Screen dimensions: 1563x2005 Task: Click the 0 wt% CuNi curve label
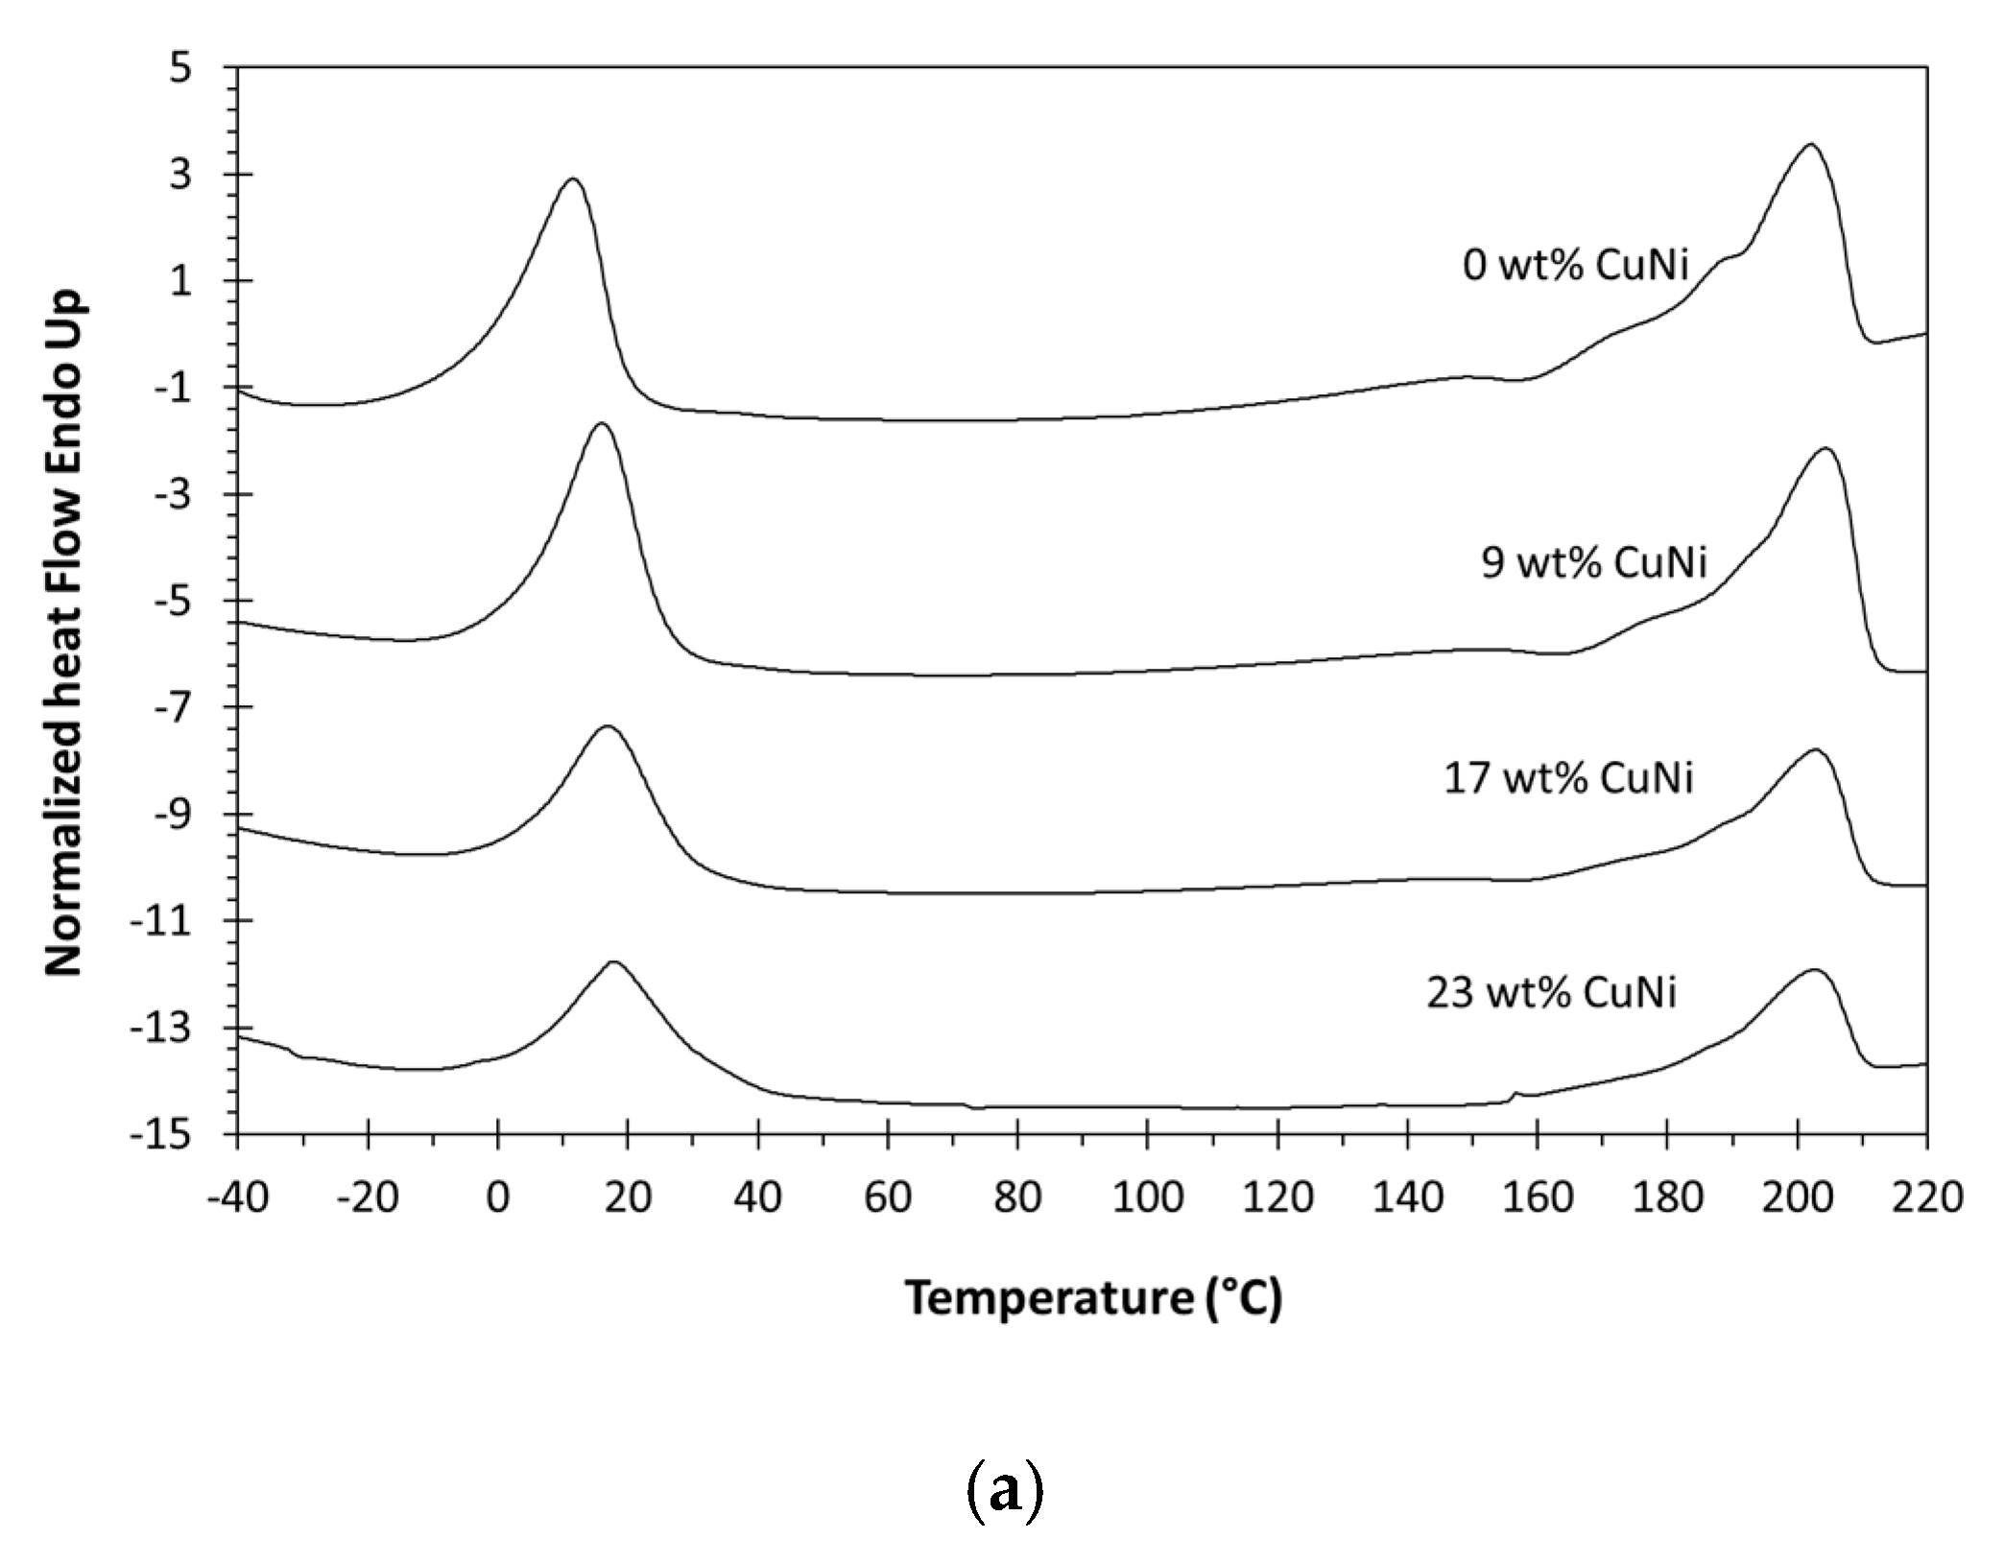tap(1574, 265)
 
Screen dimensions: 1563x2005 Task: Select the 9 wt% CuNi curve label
tap(1593, 562)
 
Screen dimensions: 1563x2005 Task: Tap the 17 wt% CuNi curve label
tap(1568, 777)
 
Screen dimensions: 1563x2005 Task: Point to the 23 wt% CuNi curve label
tap(1551, 992)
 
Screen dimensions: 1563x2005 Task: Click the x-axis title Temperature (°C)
tap(1093, 1298)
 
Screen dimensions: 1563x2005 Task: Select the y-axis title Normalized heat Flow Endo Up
tap(65, 633)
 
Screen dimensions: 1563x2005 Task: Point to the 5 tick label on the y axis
tap(180, 69)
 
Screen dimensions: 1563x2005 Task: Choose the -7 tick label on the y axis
tap(171, 708)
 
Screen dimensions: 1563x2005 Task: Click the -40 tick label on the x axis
tap(236, 1197)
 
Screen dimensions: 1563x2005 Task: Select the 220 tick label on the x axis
tap(1926, 1197)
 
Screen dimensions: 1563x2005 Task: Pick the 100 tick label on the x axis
tap(1147, 1197)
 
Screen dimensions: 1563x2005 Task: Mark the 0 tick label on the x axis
tap(497, 1197)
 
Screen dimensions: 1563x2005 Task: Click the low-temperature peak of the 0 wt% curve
tap(573, 179)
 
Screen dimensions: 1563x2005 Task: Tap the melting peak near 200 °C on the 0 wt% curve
tap(1810, 145)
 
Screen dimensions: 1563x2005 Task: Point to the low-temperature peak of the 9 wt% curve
tap(602, 424)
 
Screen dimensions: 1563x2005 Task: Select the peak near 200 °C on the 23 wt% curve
tap(1814, 970)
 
